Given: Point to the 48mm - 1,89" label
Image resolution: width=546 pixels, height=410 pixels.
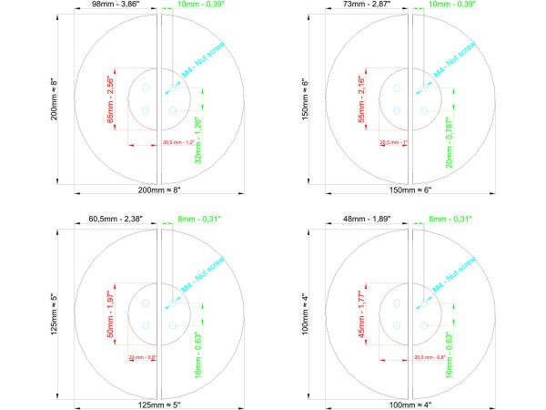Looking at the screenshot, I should tap(367, 219).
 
